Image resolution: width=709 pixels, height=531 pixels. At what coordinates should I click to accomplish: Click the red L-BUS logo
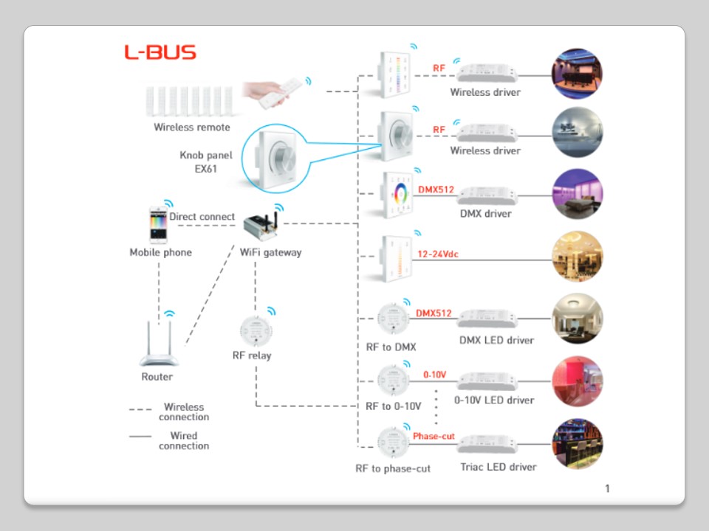160,52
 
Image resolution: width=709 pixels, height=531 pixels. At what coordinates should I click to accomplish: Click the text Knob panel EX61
206,162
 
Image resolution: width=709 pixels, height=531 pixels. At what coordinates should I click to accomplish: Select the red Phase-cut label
434,437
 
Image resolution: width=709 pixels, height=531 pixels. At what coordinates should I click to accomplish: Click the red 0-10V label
434,375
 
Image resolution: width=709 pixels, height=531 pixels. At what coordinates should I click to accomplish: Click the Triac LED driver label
499,467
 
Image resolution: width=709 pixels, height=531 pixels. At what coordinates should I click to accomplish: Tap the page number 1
607,488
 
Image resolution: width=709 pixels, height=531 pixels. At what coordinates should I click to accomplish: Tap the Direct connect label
202,217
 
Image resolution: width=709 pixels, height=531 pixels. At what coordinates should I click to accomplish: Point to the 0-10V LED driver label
494,400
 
